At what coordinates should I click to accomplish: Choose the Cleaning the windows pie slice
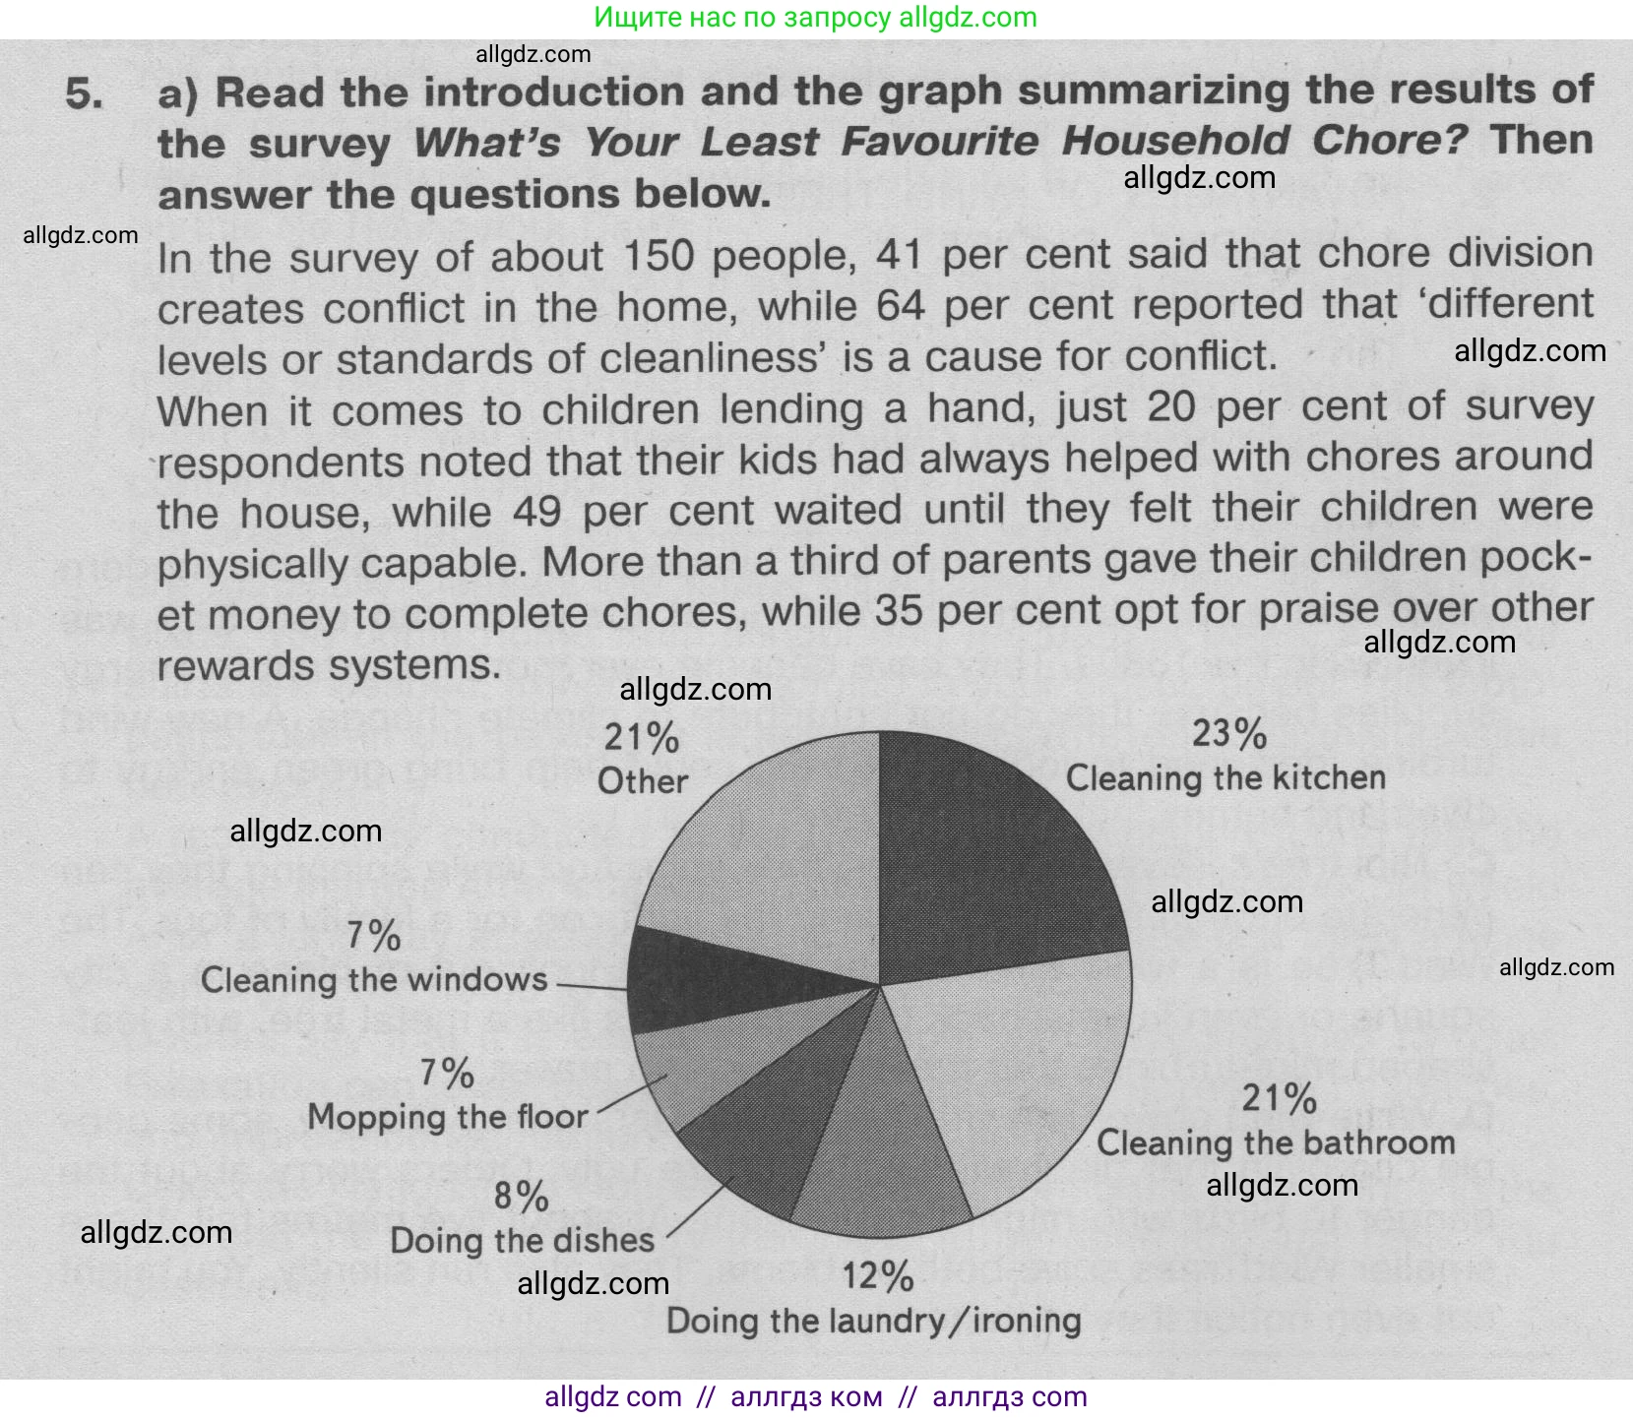click(x=689, y=979)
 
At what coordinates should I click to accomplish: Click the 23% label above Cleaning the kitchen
click(x=1228, y=734)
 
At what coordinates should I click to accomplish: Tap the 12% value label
click(x=877, y=1276)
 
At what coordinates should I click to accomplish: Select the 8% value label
click(x=521, y=1197)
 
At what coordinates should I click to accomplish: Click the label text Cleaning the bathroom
click(x=1276, y=1142)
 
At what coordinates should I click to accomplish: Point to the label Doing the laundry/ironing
click(x=874, y=1321)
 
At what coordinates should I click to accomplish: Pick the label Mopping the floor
click(x=447, y=1117)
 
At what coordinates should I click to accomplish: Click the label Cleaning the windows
click(x=374, y=980)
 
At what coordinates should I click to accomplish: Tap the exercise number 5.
click(x=85, y=93)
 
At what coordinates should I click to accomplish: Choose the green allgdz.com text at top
click(x=816, y=18)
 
